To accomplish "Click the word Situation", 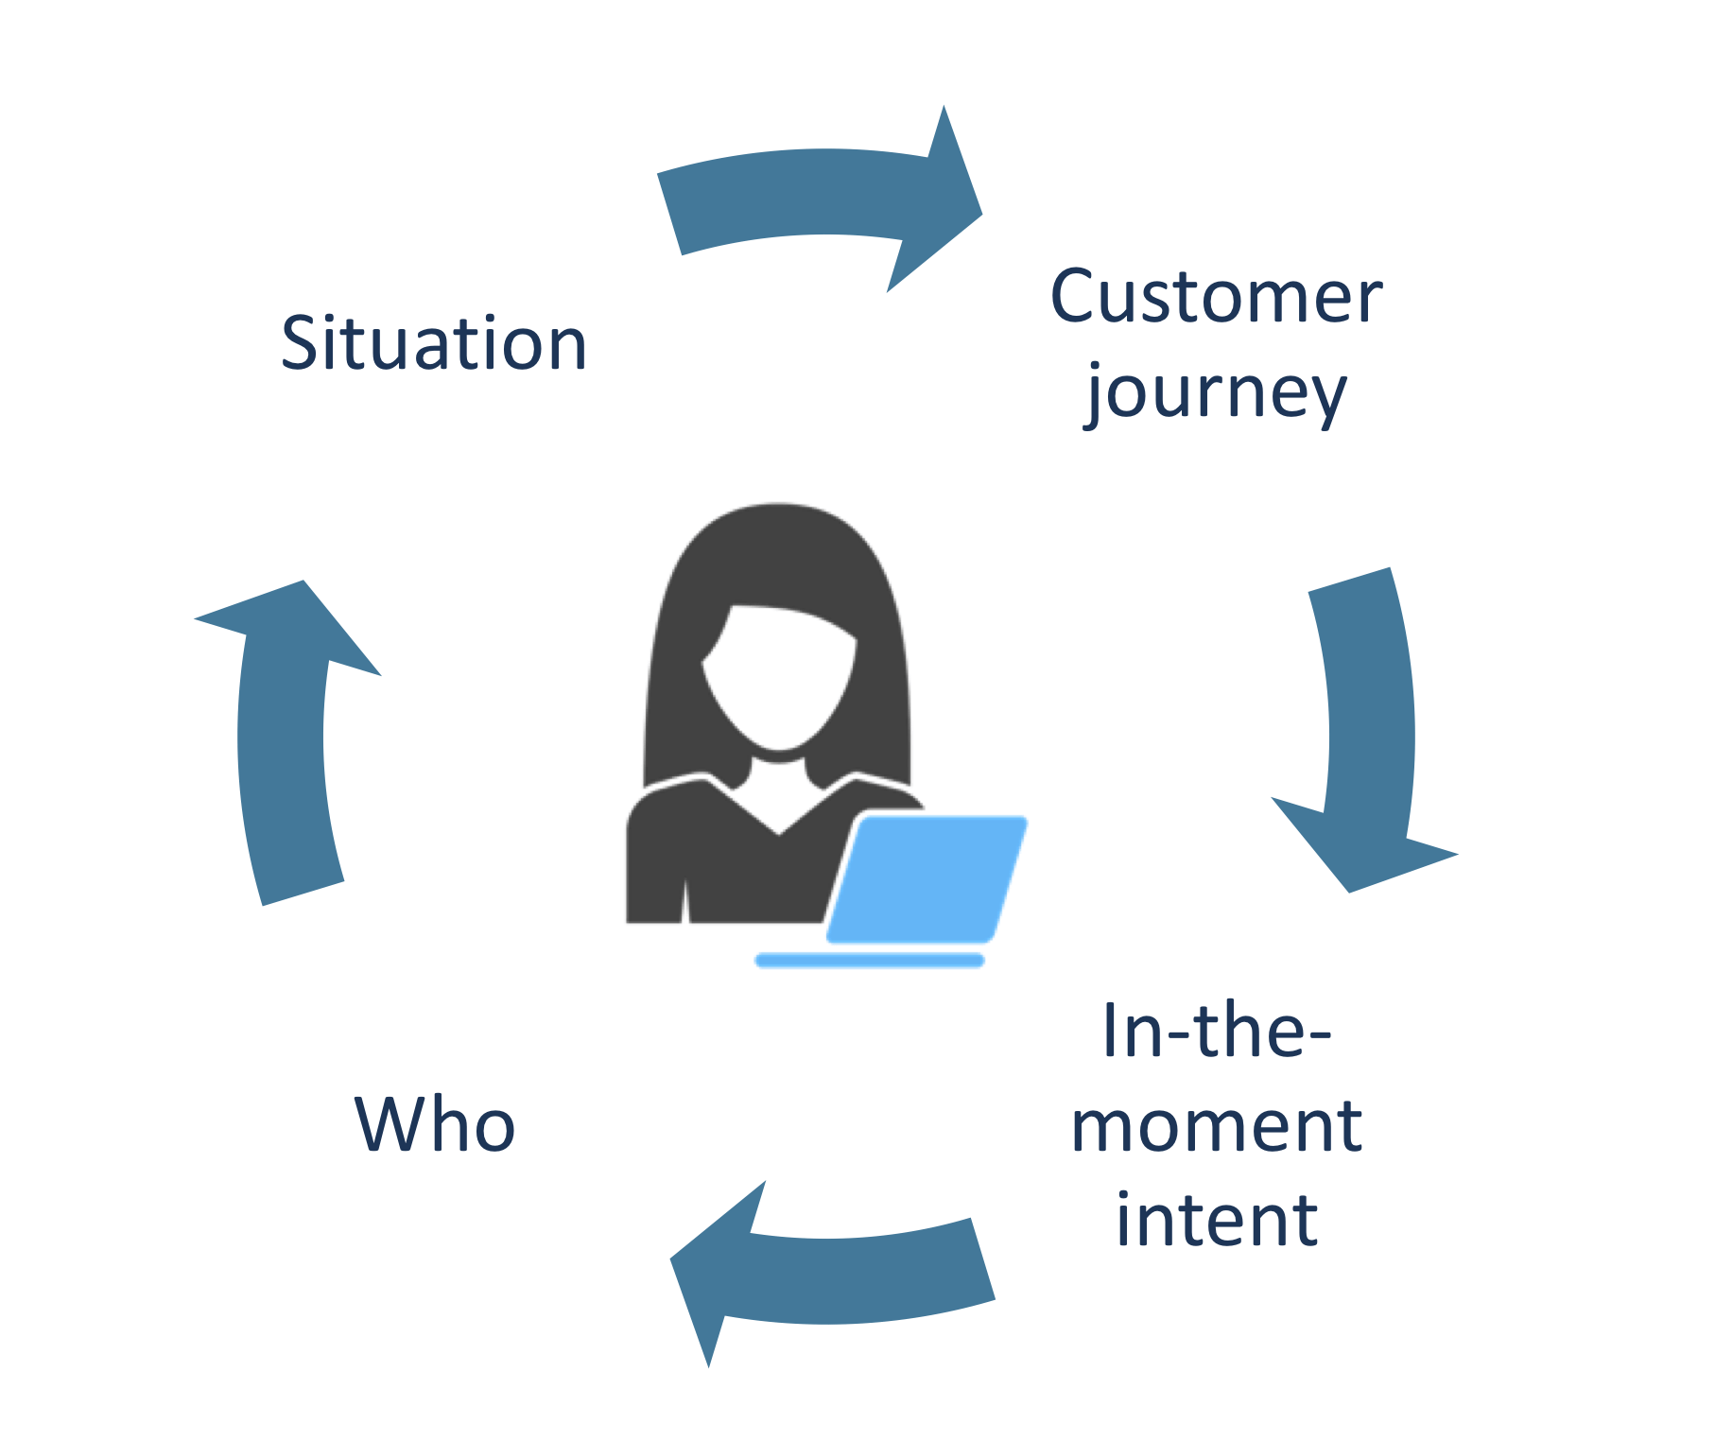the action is (434, 342).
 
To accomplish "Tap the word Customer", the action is (1217, 296).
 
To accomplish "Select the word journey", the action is (1216, 393).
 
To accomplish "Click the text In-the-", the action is (1217, 1030).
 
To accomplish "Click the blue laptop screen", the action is (927, 879).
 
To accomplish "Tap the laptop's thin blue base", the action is (870, 961).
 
